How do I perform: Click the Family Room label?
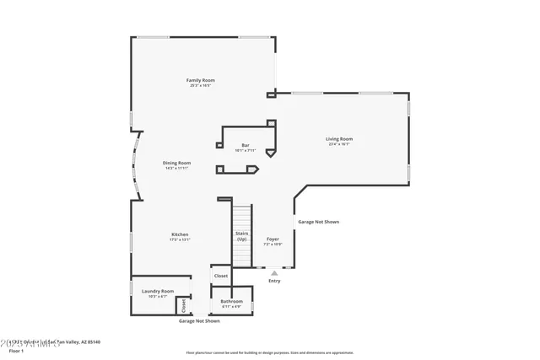tap(200, 80)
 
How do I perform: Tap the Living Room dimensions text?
tap(339, 144)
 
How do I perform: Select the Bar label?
tap(246, 145)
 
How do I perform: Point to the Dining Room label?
tap(177, 163)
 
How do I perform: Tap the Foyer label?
tap(273, 239)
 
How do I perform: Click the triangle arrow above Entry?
tap(274, 272)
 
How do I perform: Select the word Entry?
tap(274, 281)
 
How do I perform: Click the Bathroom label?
tap(231, 301)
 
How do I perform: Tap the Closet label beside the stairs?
tap(220, 276)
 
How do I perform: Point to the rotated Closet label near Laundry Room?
tap(184, 305)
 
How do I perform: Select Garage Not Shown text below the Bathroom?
tap(199, 321)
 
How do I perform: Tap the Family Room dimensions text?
tap(200, 85)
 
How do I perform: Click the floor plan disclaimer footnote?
tap(269, 352)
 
